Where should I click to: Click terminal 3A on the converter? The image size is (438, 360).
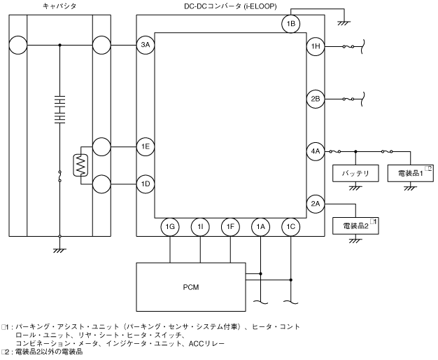(x=146, y=47)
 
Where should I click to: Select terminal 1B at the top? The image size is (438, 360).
(x=292, y=24)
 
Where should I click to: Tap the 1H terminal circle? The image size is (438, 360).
(x=315, y=47)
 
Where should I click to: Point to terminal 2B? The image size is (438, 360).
(x=315, y=99)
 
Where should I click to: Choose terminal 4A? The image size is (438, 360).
(x=315, y=150)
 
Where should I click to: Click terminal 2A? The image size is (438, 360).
(x=315, y=204)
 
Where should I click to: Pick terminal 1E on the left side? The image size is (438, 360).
(x=146, y=146)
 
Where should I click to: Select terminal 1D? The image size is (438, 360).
(x=146, y=184)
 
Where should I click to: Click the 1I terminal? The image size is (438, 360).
(x=200, y=227)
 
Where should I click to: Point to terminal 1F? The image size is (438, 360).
(x=230, y=227)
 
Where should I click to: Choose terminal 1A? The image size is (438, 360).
(x=261, y=227)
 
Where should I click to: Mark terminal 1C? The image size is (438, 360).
(x=291, y=227)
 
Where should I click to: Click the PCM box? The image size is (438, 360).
(x=191, y=285)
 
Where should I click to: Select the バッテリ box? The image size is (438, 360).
(x=355, y=173)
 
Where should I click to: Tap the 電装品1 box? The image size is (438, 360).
(x=410, y=173)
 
